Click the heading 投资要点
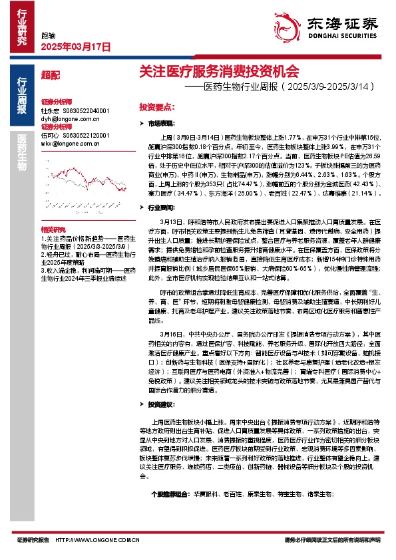tap(156, 106)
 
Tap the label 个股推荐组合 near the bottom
tap(170, 495)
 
